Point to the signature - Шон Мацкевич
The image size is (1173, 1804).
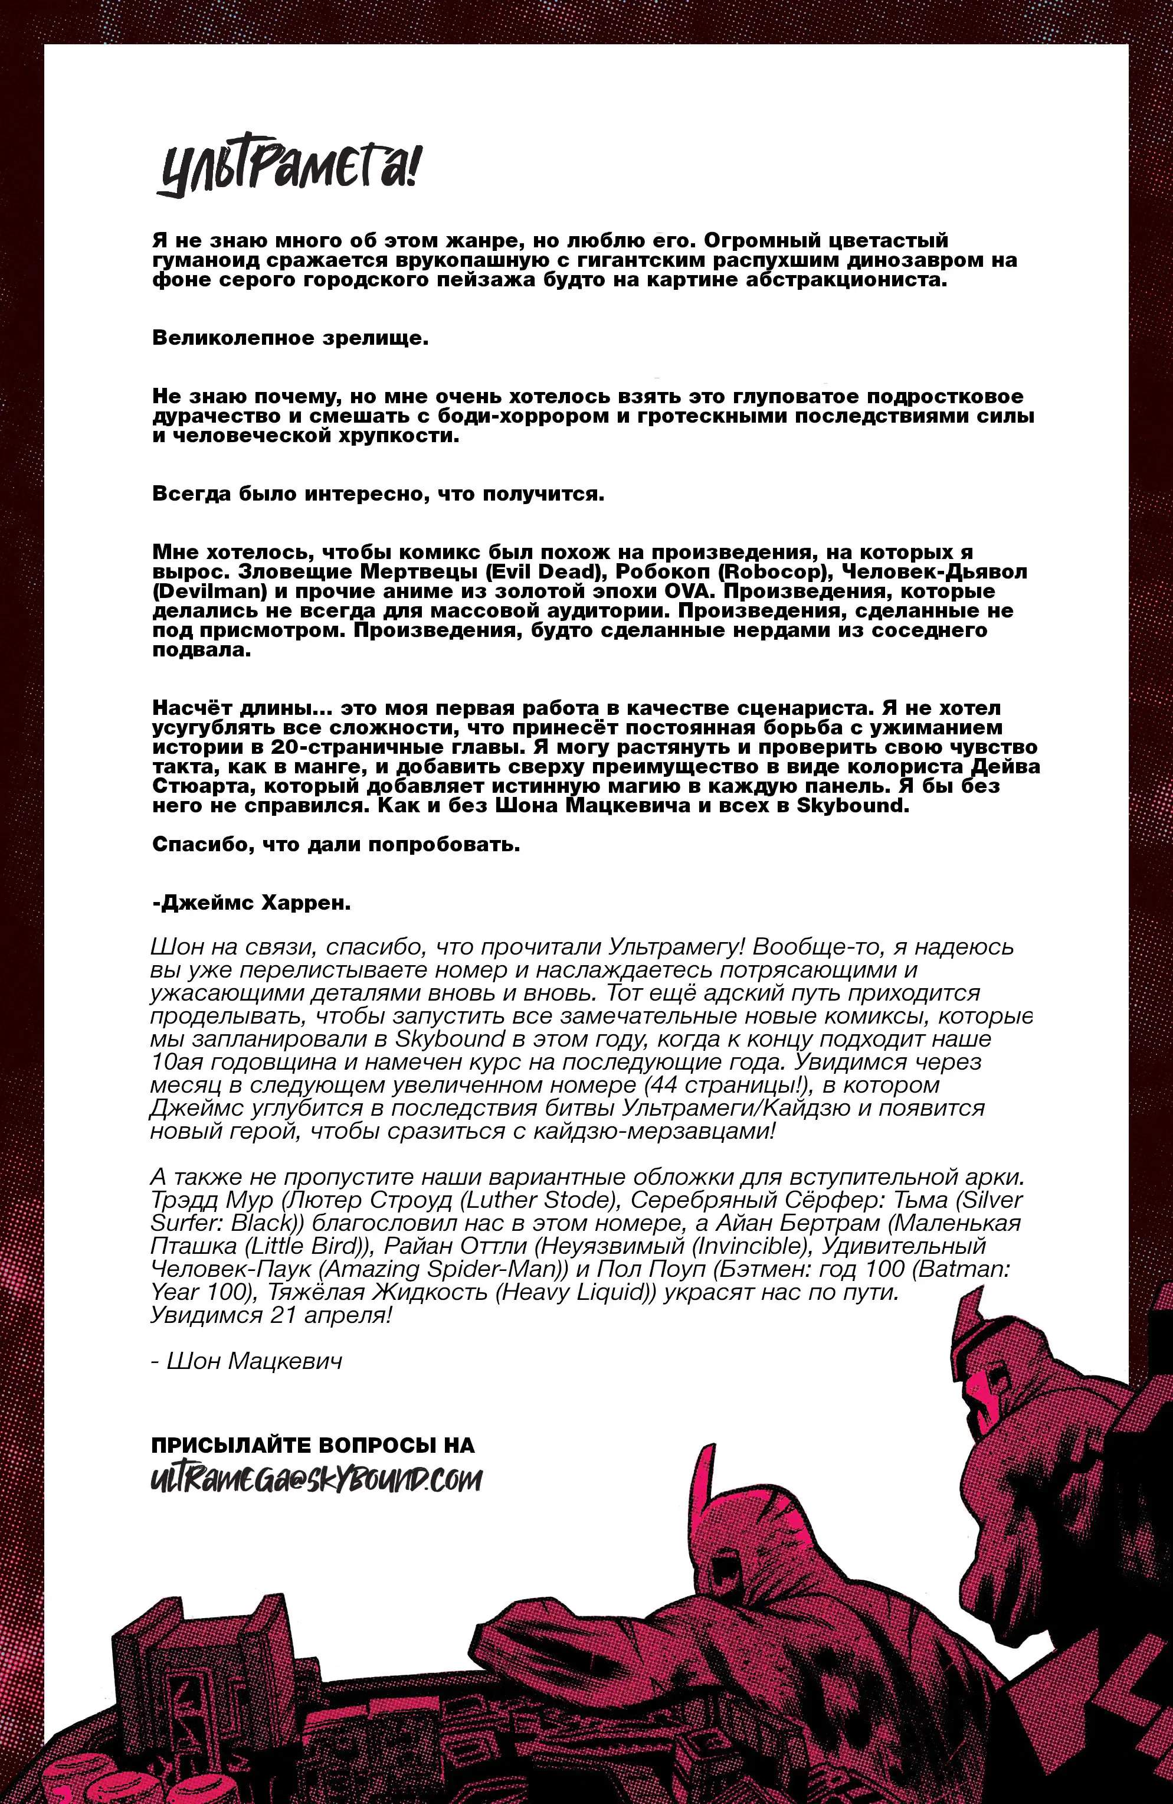pyautogui.click(x=247, y=1361)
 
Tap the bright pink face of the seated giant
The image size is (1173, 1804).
pyautogui.click(x=985, y=1393)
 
